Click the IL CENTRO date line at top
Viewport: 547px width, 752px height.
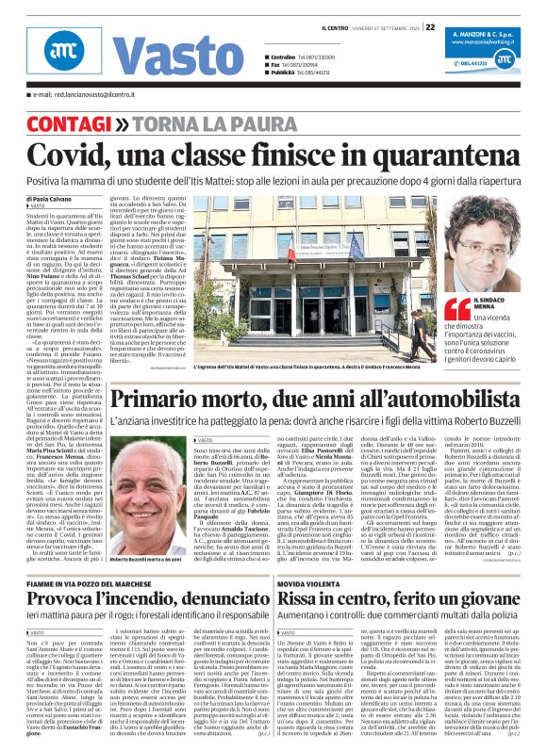click(376, 27)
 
